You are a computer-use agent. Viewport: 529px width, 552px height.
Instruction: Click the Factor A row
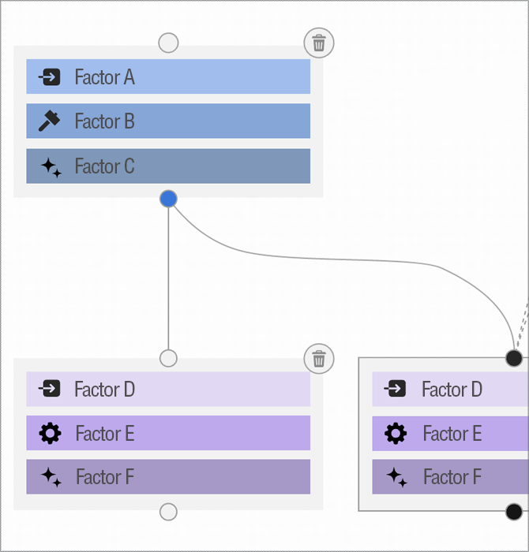(167, 76)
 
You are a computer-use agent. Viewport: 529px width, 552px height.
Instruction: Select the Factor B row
(167, 121)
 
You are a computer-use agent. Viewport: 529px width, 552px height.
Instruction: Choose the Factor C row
(167, 166)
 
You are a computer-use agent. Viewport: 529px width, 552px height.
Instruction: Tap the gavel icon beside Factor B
(50, 121)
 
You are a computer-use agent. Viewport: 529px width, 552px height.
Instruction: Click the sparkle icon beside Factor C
(51, 166)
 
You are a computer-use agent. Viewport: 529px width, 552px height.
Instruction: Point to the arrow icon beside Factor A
(50, 77)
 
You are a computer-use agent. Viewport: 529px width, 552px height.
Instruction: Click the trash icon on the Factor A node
(319, 43)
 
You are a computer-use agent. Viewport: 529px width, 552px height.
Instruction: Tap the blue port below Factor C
(168, 199)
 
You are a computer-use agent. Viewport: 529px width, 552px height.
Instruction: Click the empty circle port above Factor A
(168, 43)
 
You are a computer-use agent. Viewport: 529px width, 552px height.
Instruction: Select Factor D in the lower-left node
(167, 389)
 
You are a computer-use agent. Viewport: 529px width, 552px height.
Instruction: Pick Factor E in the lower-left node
(167, 433)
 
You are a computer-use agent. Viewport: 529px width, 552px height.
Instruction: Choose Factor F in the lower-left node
(167, 477)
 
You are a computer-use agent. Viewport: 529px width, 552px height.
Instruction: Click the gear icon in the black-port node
(396, 433)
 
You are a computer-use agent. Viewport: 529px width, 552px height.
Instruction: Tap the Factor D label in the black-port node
(452, 389)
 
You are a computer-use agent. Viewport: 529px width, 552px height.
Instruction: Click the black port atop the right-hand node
(514, 359)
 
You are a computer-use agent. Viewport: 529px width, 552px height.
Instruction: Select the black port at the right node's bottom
(514, 512)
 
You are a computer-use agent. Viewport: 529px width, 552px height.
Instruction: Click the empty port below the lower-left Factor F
(168, 512)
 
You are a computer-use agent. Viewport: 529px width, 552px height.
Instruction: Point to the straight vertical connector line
(168, 276)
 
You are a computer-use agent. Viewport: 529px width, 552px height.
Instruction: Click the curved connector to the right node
(355, 260)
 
